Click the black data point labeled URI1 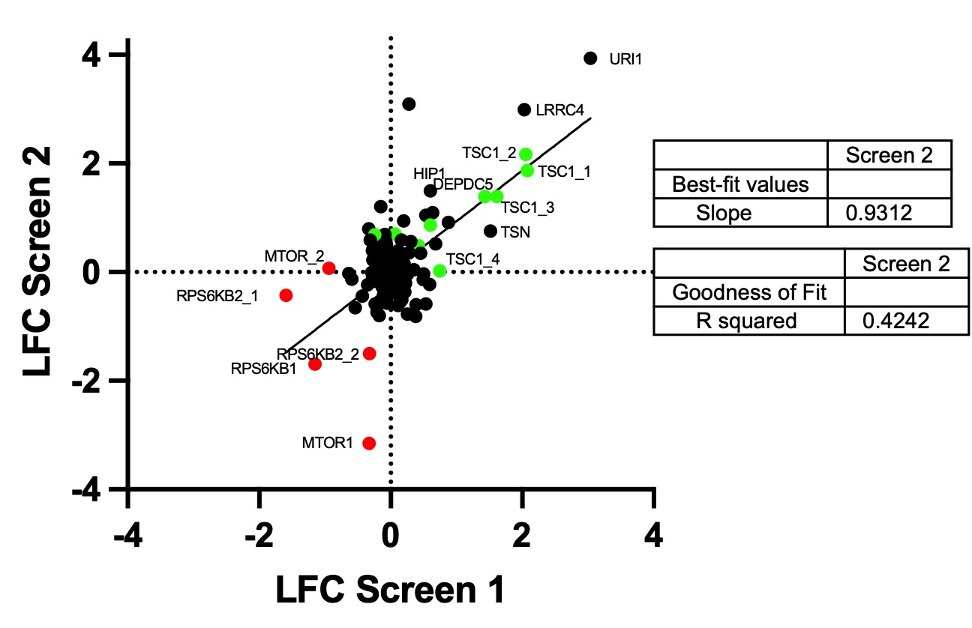point(590,58)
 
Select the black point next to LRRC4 point(524,109)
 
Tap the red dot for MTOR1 point(369,443)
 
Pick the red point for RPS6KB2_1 point(286,295)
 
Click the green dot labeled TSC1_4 point(439,271)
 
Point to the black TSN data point point(490,231)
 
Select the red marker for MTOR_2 point(328,268)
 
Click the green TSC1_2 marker point(526,154)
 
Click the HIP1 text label point(430,173)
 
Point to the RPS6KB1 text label point(264,368)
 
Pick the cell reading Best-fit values point(739,184)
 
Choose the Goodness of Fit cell point(748,292)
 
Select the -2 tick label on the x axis point(259,537)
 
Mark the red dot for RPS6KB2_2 point(369,353)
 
